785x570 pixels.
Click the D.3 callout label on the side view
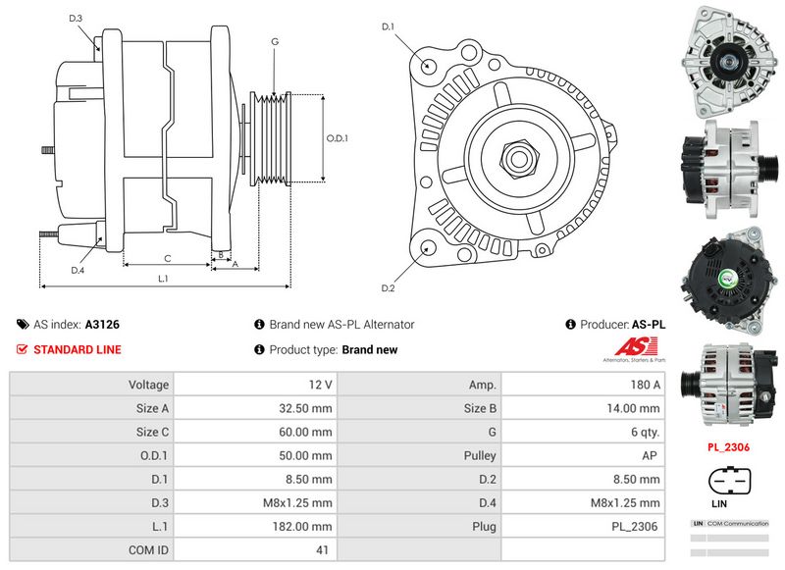click(77, 19)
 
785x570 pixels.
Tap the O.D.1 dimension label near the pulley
click(338, 138)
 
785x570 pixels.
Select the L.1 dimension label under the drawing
click(163, 279)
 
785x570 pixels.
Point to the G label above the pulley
click(275, 41)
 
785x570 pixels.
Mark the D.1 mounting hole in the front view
click(429, 66)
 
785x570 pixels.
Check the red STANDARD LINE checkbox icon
click(23, 349)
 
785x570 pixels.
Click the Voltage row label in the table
click(149, 386)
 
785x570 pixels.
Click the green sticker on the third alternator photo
click(731, 280)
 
